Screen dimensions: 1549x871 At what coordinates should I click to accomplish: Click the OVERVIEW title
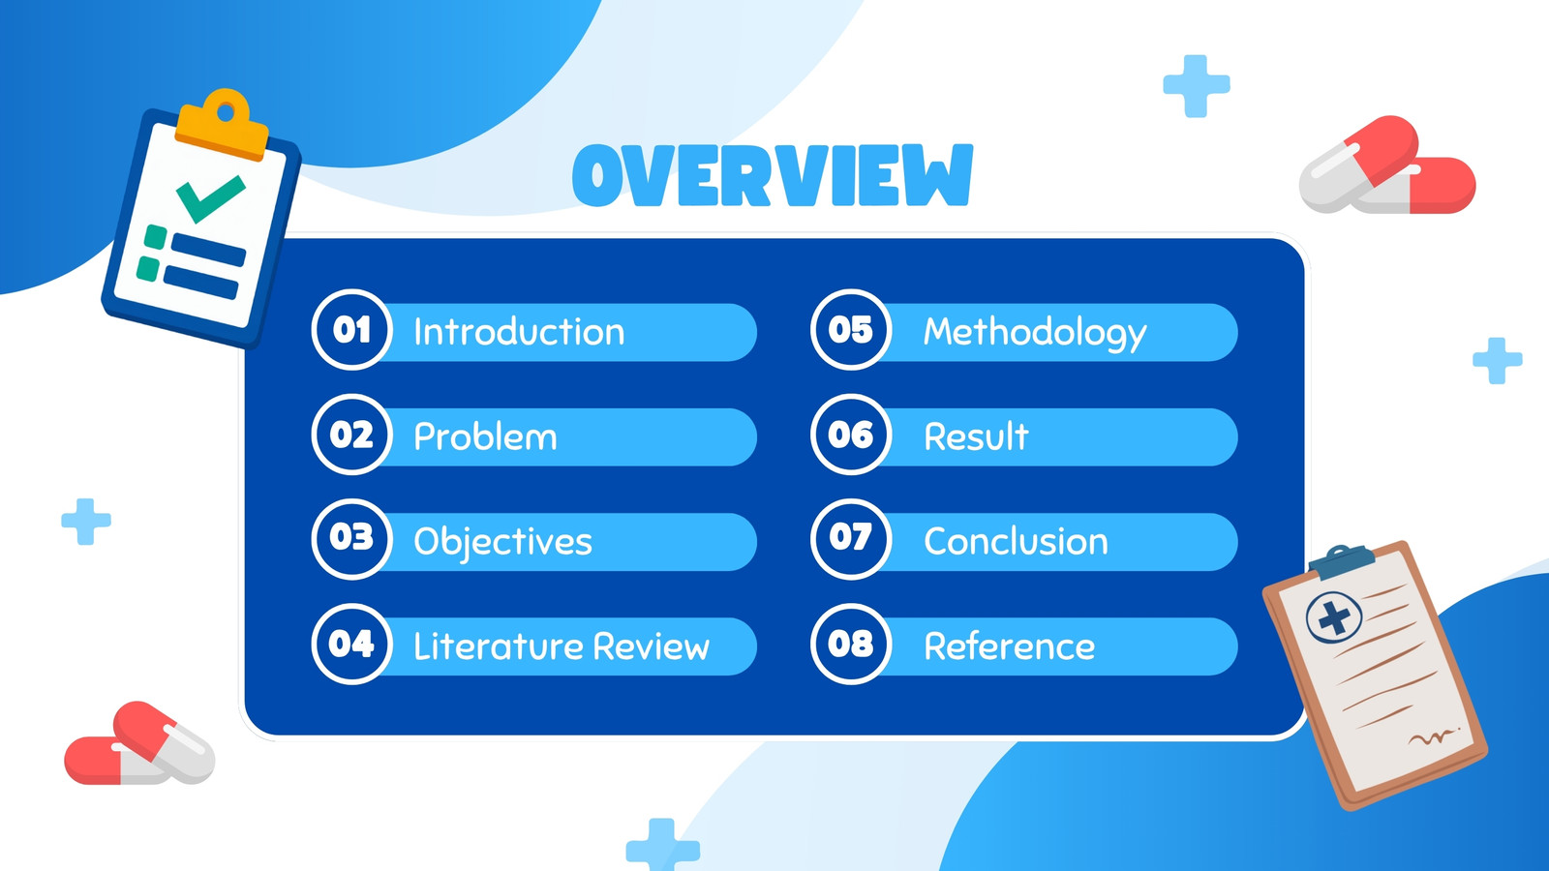(774, 175)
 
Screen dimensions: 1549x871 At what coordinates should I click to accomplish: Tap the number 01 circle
(352, 330)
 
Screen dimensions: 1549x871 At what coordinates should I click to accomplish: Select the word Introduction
(519, 332)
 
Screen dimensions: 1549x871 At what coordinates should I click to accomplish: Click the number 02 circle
(352, 435)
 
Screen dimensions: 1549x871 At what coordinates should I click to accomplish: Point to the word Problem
(485, 436)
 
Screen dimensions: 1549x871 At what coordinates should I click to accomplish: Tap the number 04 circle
(352, 645)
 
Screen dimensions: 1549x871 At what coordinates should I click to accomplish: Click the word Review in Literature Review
(652, 647)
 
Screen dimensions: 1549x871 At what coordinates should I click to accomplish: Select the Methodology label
(1035, 334)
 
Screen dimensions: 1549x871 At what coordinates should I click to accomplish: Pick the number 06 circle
(851, 435)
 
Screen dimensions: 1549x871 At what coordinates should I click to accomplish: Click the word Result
(977, 436)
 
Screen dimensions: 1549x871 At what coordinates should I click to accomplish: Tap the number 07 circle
(851, 539)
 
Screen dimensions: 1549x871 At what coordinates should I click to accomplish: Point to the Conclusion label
(1016, 541)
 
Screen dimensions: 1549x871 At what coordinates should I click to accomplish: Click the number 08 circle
(851, 645)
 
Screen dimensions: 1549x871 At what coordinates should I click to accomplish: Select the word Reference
(1010, 647)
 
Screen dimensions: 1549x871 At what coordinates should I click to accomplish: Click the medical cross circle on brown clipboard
(1334, 617)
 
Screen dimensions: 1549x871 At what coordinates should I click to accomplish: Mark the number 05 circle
(851, 330)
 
